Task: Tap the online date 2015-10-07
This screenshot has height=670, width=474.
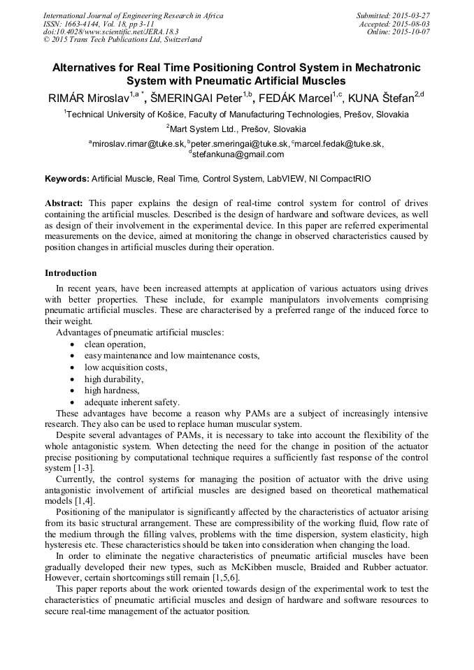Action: tap(412, 32)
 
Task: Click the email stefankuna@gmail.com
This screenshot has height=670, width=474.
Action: tap(238, 154)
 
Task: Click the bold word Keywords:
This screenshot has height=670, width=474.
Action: tap(67, 179)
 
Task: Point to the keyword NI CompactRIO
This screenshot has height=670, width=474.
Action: tap(340, 179)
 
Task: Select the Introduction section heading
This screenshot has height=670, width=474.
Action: tap(71, 272)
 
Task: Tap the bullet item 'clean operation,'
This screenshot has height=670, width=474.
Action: tap(115, 344)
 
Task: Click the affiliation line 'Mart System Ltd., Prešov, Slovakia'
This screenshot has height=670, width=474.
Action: tap(236, 129)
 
